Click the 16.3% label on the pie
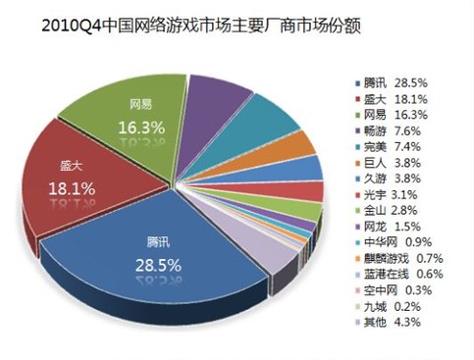[140, 127]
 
